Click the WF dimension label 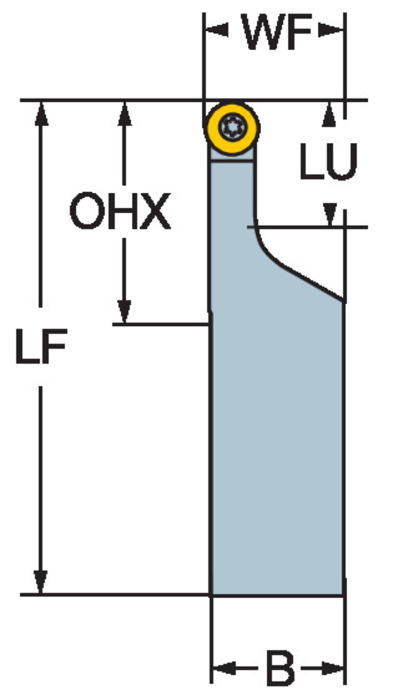pos(278,32)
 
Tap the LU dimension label pos(328,161)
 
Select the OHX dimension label pos(120,211)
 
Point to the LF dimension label pos(41,346)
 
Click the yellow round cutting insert pos(232,127)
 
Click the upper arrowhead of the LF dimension pos(41,113)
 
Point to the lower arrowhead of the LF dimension pos(41,581)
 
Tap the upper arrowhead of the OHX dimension pos(124,113)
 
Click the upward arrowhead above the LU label pos(329,114)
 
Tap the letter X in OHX pos(156,211)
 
